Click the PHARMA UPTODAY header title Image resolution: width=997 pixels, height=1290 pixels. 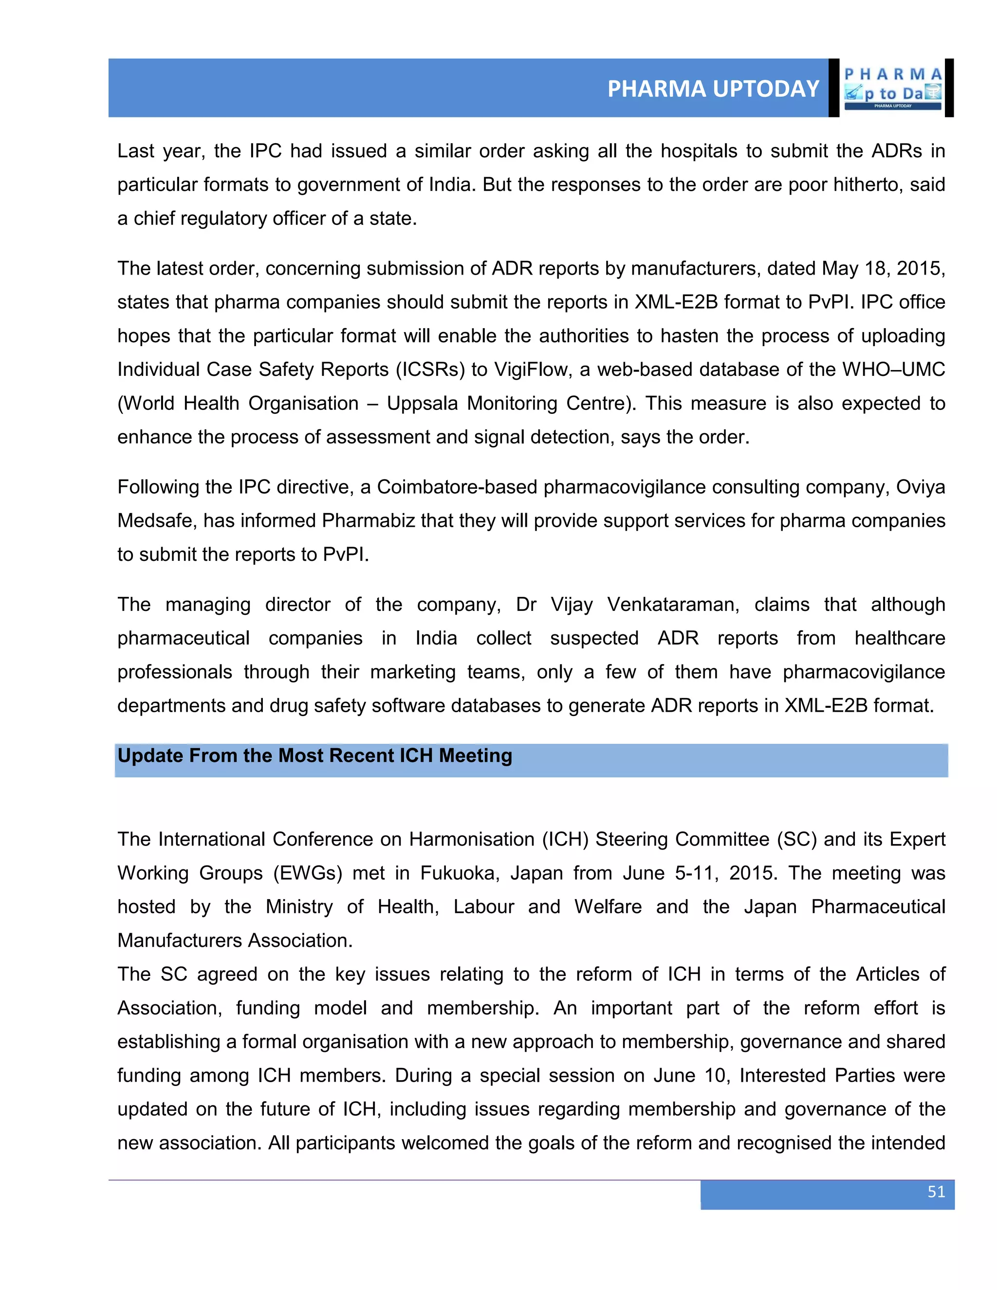click(x=713, y=89)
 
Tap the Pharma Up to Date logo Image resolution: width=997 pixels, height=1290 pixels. click(x=892, y=88)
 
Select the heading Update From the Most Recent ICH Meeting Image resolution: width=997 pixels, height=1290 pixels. click(x=315, y=756)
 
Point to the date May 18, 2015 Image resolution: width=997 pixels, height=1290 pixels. click(x=884, y=268)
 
